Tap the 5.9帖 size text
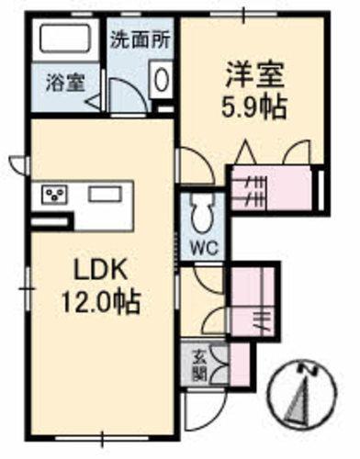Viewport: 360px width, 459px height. click(254, 104)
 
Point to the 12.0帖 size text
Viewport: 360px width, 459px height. click(100, 302)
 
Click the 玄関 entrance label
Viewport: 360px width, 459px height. click(199, 364)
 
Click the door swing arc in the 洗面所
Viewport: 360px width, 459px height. click(123, 92)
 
